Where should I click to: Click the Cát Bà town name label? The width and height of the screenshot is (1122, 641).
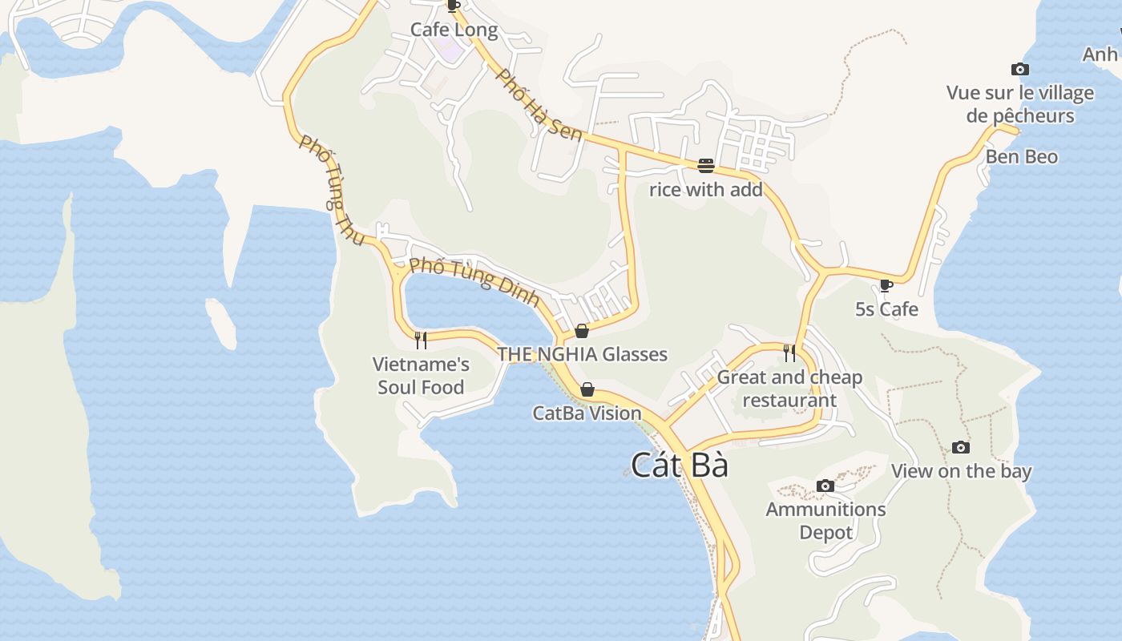coord(680,466)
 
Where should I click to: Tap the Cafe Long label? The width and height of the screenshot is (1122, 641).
coord(454,30)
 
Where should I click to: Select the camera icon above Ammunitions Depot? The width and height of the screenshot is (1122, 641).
coord(825,486)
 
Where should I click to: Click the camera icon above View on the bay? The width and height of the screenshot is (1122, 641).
coord(961,447)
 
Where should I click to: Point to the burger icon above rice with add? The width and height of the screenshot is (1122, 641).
coord(706,166)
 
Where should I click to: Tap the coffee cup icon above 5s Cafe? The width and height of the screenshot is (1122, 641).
coord(886,285)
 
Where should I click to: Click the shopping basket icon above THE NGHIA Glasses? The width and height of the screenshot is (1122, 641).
coord(582,331)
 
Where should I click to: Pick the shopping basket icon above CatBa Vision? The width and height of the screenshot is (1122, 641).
coord(587,390)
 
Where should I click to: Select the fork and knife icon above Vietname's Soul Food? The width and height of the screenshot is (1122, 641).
coord(421,341)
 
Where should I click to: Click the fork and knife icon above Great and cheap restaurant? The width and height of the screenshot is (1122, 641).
coord(789,353)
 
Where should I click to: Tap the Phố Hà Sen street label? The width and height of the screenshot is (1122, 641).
coord(539,105)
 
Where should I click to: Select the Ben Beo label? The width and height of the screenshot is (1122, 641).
coord(1022,157)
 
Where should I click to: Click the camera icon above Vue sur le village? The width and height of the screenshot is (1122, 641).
coord(1020,70)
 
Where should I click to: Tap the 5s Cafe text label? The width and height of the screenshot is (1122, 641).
coord(886,309)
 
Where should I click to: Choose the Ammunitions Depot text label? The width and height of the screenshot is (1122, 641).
coord(825,521)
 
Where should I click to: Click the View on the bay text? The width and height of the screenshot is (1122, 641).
coord(961,471)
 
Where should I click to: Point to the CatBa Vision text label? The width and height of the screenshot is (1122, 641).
coord(587,413)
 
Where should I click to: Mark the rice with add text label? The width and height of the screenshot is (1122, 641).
coord(706,190)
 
